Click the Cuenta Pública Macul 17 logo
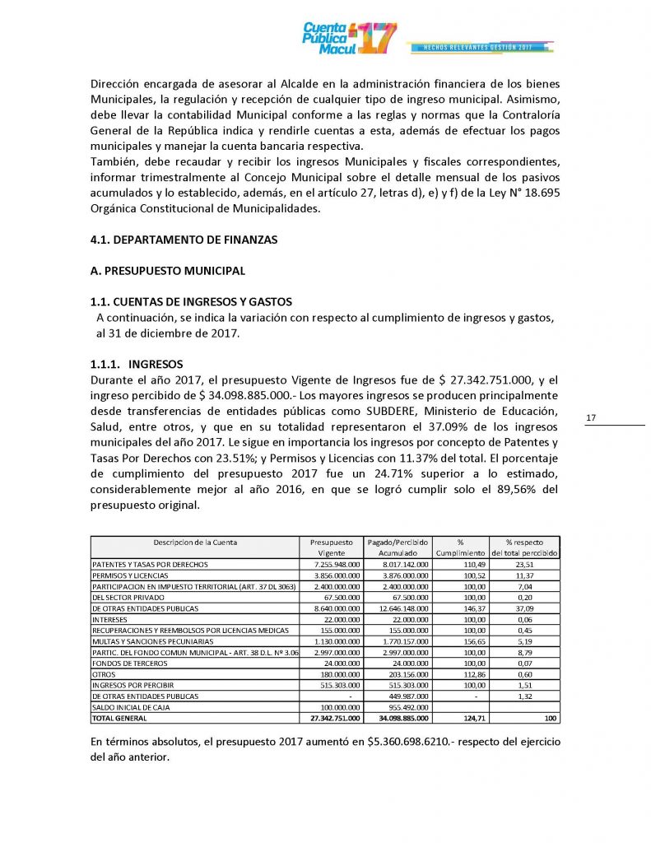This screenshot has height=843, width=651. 350,38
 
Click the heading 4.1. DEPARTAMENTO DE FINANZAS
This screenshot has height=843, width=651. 184,240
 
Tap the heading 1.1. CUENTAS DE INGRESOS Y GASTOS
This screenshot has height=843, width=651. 191,302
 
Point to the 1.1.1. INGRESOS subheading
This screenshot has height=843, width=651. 137,364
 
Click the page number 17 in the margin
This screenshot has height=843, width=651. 591,419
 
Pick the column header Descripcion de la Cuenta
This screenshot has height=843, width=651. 195,543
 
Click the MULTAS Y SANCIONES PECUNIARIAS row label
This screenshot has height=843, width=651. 153,640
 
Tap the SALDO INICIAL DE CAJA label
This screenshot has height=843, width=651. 130,706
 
